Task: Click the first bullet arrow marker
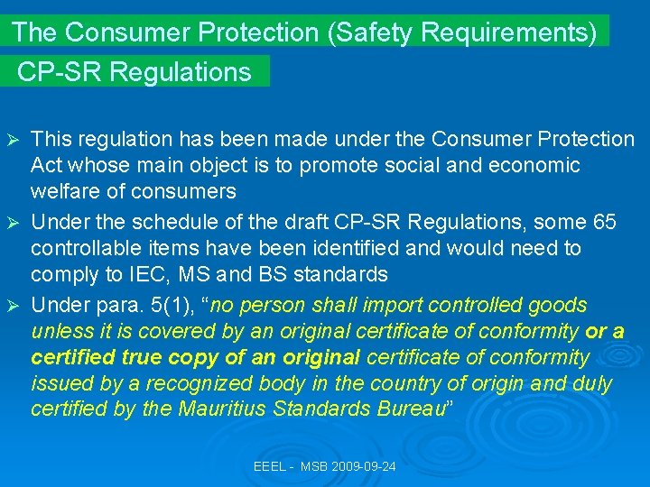[x=13, y=140]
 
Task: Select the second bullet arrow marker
[x=13, y=222]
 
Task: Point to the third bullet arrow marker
[x=13, y=305]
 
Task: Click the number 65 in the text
[x=609, y=221]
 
